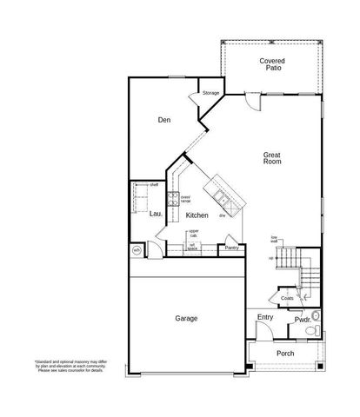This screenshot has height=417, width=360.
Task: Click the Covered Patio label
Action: click(271, 65)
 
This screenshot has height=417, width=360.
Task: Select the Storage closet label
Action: click(210, 92)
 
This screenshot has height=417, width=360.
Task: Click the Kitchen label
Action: click(197, 214)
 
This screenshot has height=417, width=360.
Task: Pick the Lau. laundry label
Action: click(156, 214)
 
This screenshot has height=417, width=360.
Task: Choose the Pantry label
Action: click(231, 248)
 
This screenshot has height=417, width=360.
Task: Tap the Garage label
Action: click(185, 319)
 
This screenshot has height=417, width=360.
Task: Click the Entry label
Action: click(265, 318)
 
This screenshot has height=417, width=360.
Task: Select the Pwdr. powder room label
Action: click(303, 320)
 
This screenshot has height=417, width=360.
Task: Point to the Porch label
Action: click(285, 353)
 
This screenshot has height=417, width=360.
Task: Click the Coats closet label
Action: click(287, 298)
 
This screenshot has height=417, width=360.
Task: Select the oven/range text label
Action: click(185, 199)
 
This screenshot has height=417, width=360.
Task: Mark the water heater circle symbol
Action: click(137, 251)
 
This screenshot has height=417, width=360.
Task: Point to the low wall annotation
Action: click(274, 239)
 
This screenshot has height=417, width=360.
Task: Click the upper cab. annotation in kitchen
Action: click(193, 232)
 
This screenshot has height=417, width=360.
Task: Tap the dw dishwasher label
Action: click(222, 215)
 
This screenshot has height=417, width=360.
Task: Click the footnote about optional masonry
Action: click(63, 367)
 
